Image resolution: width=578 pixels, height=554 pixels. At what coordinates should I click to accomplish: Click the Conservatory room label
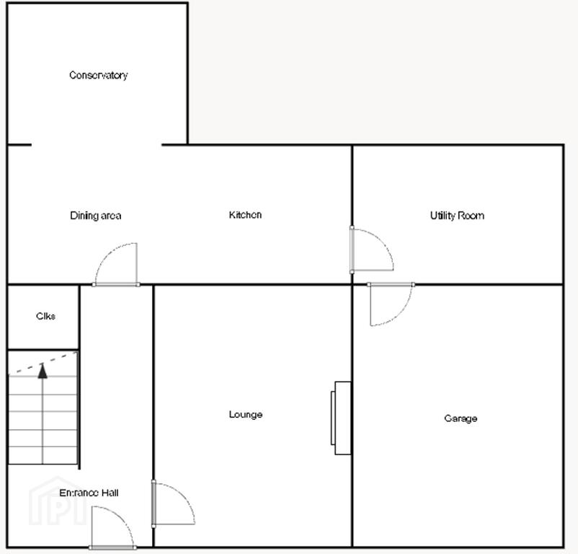[99, 75]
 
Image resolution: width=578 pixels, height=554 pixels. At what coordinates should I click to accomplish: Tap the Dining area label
[95, 216]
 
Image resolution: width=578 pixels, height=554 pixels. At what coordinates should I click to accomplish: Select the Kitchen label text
[245, 215]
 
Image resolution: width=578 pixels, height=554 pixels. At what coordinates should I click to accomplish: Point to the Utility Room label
[457, 216]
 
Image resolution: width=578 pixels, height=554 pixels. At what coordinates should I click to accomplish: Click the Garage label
[461, 418]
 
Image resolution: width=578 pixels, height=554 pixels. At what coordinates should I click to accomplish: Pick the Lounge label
[246, 414]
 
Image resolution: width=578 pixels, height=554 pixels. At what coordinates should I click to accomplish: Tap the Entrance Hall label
[89, 493]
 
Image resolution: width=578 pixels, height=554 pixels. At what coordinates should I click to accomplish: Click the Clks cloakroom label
[45, 316]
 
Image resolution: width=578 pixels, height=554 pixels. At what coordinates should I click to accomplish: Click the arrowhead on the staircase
[43, 371]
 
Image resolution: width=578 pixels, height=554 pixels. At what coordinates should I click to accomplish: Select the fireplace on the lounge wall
[341, 418]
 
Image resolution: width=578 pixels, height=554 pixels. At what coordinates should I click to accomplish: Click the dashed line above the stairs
[43, 363]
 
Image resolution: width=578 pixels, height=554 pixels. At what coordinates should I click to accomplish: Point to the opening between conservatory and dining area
[97, 144]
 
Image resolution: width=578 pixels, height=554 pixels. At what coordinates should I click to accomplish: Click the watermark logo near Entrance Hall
[57, 501]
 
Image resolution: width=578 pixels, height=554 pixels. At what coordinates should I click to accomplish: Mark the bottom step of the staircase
[43, 455]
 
